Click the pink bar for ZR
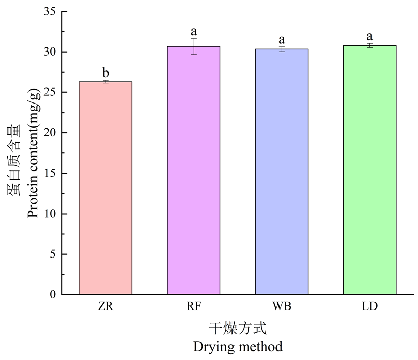tap(106, 188)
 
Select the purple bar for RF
tap(194, 170)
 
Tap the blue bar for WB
tap(282, 172)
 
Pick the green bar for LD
tap(369, 170)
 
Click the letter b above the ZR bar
tap(106, 73)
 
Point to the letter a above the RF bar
tap(194, 32)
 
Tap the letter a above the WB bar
tap(282, 40)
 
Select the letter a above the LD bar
tap(369, 36)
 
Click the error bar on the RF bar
tap(194, 46)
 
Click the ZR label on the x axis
tap(106, 306)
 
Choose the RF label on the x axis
tap(194, 306)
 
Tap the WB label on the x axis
tap(282, 306)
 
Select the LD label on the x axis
tap(369, 306)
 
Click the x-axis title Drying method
tap(238, 347)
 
